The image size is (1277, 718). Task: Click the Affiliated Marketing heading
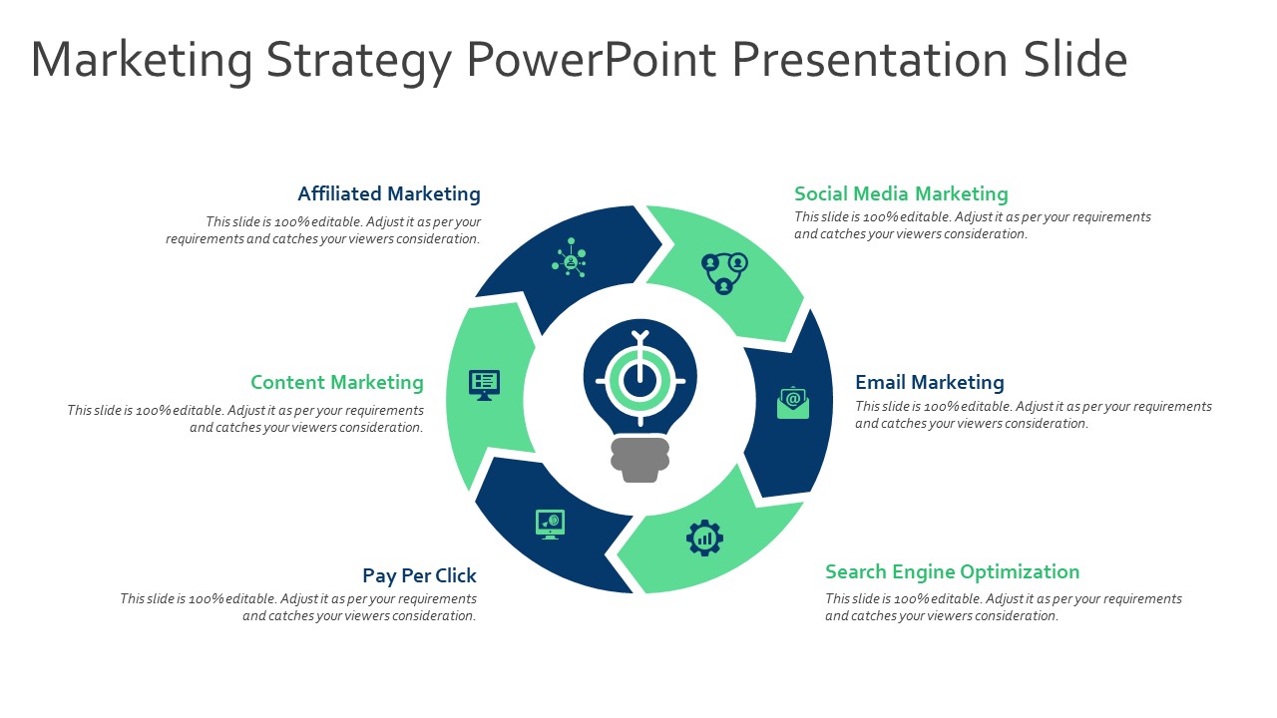click(x=389, y=193)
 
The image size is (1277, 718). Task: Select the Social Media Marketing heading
click(x=901, y=193)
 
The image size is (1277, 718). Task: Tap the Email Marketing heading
click(x=930, y=382)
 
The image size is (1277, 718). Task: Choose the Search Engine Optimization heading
click(x=952, y=571)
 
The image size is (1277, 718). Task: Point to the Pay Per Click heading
click(x=419, y=575)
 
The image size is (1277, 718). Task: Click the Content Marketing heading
click(x=337, y=382)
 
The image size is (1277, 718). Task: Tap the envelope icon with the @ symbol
click(x=793, y=402)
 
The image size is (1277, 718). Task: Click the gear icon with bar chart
click(x=704, y=538)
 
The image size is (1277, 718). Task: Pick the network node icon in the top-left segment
click(x=570, y=258)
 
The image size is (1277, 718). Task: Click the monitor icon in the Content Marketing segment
click(x=484, y=384)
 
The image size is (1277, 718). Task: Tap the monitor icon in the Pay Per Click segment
click(x=550, y=523)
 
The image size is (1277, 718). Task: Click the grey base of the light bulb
click(x=639, y=460)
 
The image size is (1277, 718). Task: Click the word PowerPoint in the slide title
click(x=591, y=60)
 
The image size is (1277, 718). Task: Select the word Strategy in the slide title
click(x=359, y=60)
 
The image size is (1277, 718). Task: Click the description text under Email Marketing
click(x=1033, y=415)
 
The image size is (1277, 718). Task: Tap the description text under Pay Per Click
click(x=298, y=607)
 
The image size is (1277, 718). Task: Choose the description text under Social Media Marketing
click(x=972, y=225)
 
